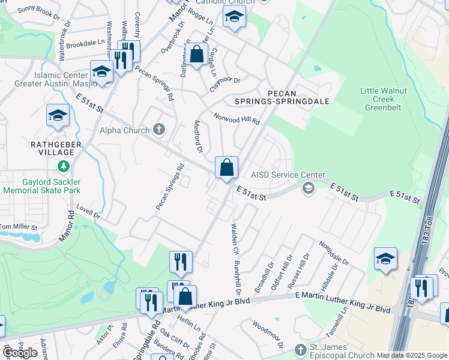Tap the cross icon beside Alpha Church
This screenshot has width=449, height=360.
pyautogui.click(x=159, y=129)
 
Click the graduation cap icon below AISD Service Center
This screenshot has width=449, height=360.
pyautogui.click(x=309, y=190)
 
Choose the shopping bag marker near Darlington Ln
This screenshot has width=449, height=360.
pyautogui.click(x=196, y=55)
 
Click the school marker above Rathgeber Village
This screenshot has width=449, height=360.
pyautogui.click(x=58, y=115)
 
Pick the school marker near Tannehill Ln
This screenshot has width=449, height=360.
pyautogui.click(x=385, y=259)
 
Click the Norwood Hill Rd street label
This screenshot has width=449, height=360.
pyautogui.click(x=237, y=118)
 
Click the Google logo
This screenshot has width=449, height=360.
pyautogui.click(x=20, y=353)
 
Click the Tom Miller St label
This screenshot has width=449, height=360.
pyautogui.click(x=18, y=227)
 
